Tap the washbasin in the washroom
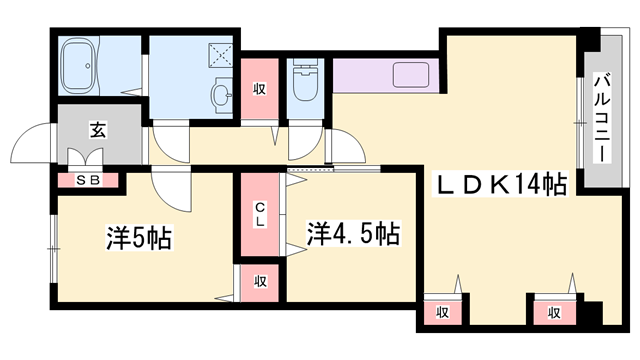tap(221, 95)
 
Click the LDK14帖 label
tap(500, 184)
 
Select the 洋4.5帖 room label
tap(353, 235)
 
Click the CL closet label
tap(258, 214)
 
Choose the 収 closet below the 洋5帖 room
tap(258, 282)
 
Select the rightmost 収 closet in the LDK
tap(553, 312)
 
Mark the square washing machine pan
tap(223, 52)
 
